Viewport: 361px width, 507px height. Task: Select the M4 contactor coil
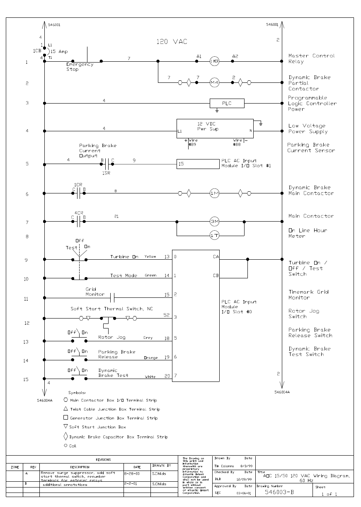[x=214, y=83]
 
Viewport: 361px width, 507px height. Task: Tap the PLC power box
[x=227, y=103]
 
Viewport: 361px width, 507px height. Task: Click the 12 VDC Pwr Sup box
[x=215, y=126]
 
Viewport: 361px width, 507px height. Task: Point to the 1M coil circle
[x=214, y=193]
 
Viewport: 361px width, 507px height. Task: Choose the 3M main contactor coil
[x=214, y=222]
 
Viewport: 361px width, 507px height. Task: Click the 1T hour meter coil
[x=214, y=236]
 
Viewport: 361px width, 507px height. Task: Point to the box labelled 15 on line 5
[x=198, y=164]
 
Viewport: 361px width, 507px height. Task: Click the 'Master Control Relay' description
[x=311, y=58]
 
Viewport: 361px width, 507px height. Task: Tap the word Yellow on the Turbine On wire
[x=150, y=257]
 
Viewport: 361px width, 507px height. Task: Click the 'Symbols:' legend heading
[x=77, y=392]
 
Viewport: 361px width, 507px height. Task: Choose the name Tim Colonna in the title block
[x=225, y=466]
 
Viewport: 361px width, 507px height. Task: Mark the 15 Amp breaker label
[x=59, y=51]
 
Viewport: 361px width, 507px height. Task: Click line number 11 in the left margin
[x=26, y=299]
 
